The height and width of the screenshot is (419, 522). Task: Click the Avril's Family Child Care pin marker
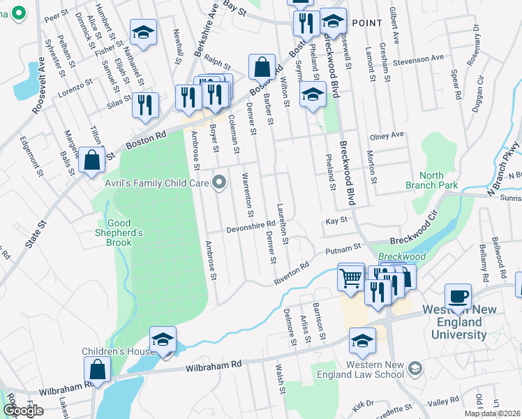pyautogui.click(x=221, y=184)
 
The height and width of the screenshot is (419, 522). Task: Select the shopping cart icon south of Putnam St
pyautogui.click(x=350, y=278)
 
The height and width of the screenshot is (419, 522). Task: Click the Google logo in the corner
pyautogui.click(x=22, y=411)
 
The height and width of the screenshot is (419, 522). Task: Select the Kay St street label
pyautogui.click(x=336, y=221)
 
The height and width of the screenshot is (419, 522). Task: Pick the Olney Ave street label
pyautogui.click(x=387, y=135)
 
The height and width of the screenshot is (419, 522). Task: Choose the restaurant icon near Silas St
pyautogui.click(x=145, y=105)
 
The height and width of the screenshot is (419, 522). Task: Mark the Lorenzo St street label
pyautogui.click(x=75, y=87)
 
